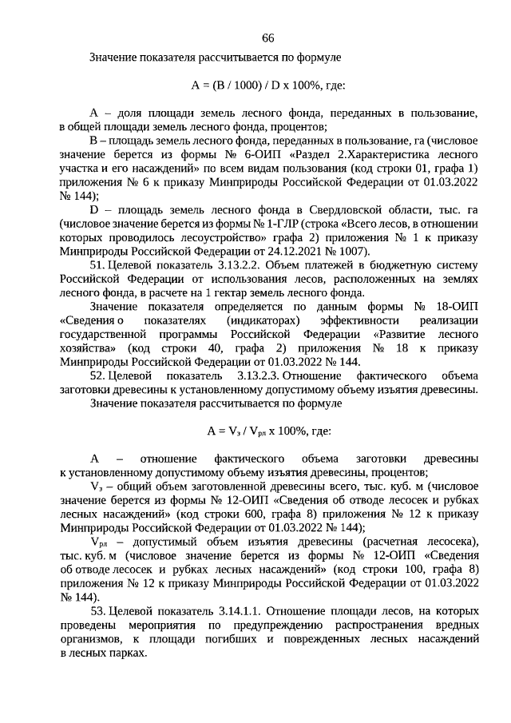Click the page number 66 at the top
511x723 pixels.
point(268,39)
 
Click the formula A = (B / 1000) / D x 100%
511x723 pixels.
point(268,85)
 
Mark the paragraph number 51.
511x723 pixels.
point(97,268)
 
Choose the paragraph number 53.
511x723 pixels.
point(97,611)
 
